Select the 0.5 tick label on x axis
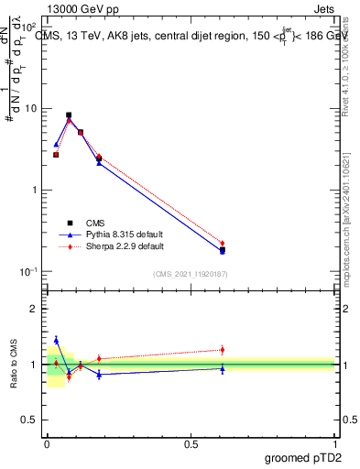(191, 443)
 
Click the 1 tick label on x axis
(334, 443)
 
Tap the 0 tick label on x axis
(47, 443)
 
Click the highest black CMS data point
(69, 115)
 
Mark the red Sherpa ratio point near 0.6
(223, 349)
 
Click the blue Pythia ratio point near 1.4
(56, 340)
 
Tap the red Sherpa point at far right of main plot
(223, 244)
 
